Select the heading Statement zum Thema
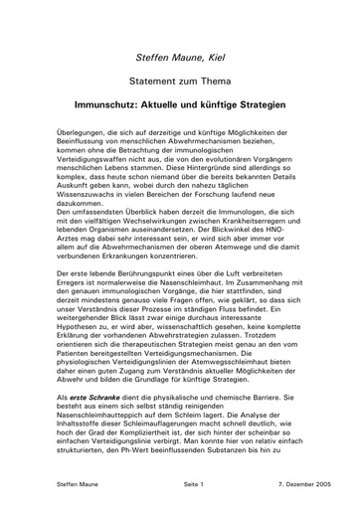pos(179,79)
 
